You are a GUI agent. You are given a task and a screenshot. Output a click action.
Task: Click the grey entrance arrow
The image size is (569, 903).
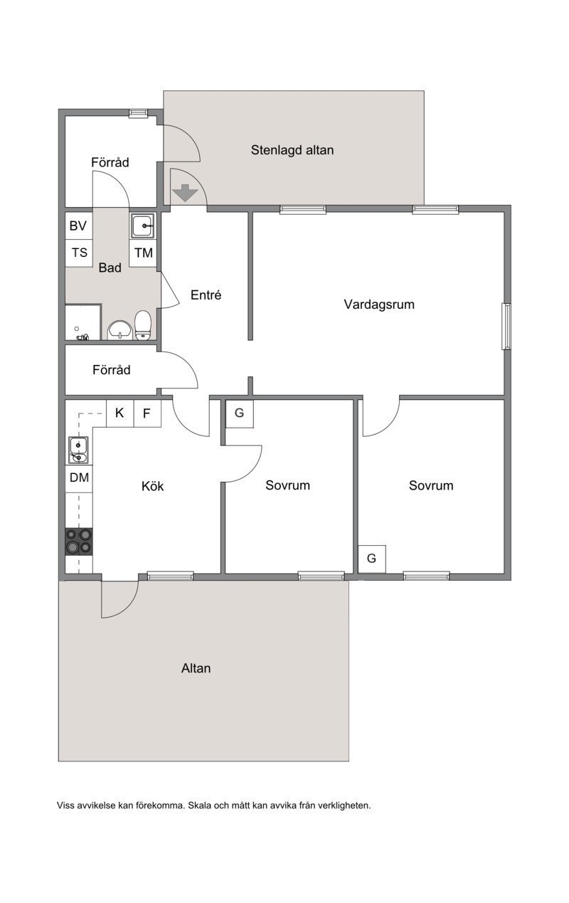tap(184, 193)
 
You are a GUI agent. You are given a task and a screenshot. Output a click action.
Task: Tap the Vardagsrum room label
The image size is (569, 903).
tap(379, 305)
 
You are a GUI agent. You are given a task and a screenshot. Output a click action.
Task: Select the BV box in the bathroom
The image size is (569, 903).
tap(79, 226)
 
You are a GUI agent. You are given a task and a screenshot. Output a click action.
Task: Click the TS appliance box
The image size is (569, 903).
tap(79, 253)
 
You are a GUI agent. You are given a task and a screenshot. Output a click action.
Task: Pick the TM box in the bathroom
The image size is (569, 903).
tap(144, 253)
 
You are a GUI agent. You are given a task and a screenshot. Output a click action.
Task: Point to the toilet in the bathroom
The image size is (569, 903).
tap(143, 325)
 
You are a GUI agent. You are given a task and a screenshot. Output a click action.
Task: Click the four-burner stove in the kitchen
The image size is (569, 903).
tap(79, 541)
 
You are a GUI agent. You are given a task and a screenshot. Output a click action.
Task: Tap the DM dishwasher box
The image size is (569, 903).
tap(79, 478)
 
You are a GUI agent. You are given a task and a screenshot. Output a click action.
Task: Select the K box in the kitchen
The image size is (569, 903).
tap(119, 413)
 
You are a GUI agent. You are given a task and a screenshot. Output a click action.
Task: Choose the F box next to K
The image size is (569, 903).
tap(147, 413)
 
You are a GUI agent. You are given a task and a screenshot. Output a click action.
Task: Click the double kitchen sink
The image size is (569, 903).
tap(78, 450)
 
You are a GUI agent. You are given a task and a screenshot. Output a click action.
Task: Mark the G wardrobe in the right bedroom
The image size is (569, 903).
tap(372, 559)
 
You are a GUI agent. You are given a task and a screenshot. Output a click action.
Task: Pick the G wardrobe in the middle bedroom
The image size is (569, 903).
tap(240, 413)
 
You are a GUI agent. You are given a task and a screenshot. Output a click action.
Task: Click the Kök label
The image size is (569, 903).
tap(153, 486)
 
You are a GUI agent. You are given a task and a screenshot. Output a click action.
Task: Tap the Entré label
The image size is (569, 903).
tap(206, 295)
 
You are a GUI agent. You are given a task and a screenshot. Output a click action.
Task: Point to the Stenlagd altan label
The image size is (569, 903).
tap(292, 150)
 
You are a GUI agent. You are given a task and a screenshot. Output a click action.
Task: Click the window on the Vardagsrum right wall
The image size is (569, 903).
tap(506, 327)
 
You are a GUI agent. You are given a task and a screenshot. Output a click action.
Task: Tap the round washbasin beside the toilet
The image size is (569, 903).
tap(119, 329)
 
